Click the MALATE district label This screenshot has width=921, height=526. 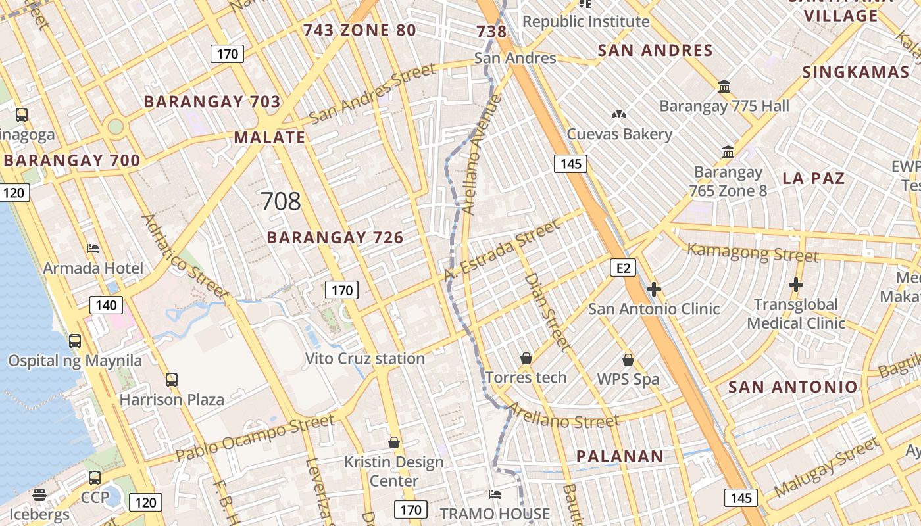point(270,137)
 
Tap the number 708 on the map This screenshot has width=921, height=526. point(281,201)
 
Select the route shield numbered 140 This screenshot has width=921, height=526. point(106,305)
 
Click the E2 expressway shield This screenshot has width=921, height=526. point(624,268)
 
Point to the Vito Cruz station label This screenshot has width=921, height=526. point(365,359)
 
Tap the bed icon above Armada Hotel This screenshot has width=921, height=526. point(93,249)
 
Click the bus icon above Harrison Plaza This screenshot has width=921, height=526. point(172,380)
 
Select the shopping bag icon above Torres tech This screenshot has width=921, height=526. point(526,358)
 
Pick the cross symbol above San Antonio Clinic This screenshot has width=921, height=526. point(654,289)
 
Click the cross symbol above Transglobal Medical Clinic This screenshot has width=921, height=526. point(796,285)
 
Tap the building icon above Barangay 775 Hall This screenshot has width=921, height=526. point(724,86)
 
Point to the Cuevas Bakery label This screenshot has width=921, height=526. point(620,135)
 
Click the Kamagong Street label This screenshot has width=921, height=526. point(753,252)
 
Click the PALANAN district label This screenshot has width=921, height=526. point(620,456)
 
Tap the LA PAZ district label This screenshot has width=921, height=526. point(813,178)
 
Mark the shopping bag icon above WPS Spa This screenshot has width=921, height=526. point(628,360)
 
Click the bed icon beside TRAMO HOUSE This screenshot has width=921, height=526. point(495,494)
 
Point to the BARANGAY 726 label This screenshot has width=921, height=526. point(335,237)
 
